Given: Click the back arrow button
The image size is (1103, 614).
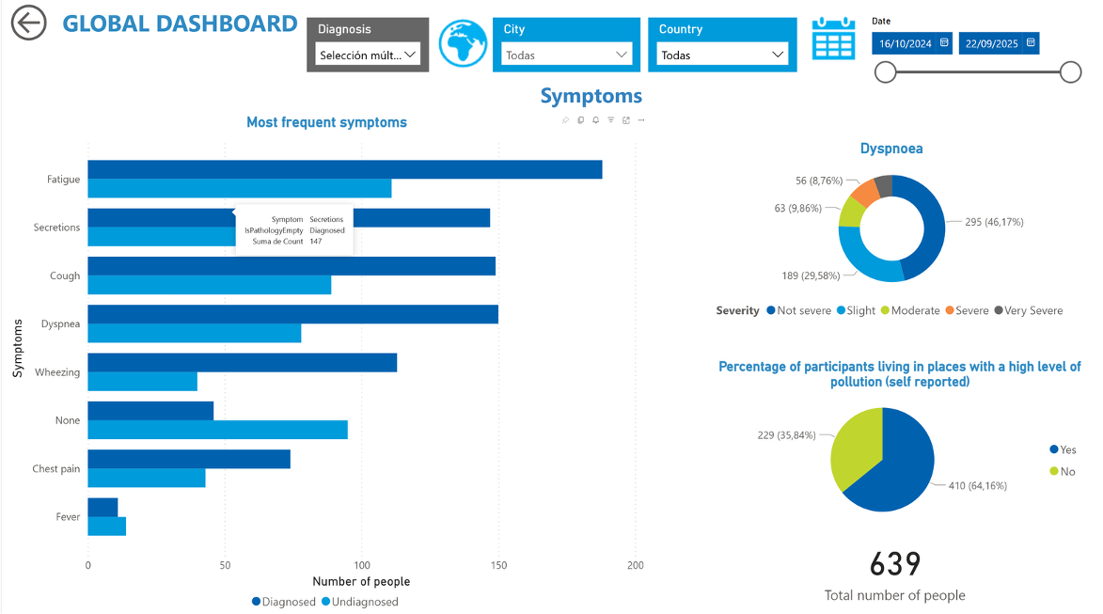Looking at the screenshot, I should click(x=29, y=24).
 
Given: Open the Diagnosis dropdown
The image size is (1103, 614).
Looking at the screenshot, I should click(x=367, y=55).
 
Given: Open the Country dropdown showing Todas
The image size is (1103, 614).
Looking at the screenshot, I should click(x=722, y=55).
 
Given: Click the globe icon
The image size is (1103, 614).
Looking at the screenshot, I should click(x=463, y=44).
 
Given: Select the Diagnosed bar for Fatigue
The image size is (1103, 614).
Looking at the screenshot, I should click(x=344, y=170).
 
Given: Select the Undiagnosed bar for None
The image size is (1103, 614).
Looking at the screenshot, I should click(x=217, y=430).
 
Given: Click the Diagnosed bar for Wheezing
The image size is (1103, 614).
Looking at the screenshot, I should click(x=242, y=363).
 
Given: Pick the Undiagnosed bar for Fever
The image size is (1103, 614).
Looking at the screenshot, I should click(x=106, y=527).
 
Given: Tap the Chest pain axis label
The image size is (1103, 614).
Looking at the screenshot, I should click(x=56, y=469).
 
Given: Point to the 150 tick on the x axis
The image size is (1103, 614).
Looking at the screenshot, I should click(x=498, y=565).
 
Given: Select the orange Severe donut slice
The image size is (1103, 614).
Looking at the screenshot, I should click(x=865, y=192).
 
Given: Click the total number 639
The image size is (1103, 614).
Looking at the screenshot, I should click(x=894, y=564).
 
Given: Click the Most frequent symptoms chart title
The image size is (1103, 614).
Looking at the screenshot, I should click(x=326, y=122).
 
